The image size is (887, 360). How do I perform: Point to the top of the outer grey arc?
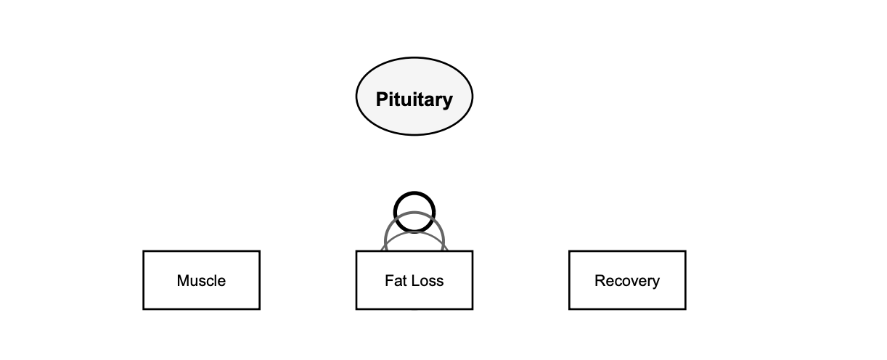pyautogui.click(x=414, y=213)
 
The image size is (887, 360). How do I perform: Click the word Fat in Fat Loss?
pyautogui.click(x=395, y=281)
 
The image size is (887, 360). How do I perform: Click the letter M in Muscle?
pyautogui.click(x=183, y=281)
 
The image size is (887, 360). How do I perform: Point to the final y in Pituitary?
pyautogui.click(x=447, y=102)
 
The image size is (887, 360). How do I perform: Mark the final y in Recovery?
pyautogui.click(x=656, y=283)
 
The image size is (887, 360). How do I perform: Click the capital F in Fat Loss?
pyautogui.click(x=388, y=281)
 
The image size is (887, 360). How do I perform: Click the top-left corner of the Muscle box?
pyautogui.click(x=144, y=252)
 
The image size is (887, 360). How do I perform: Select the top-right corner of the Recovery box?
pyautogui.click(x=685, y=252)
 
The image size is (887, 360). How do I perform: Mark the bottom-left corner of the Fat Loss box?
pyautogui.click(x=356, y=308)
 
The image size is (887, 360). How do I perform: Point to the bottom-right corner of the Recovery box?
pyautogui.click(x=685, y=308)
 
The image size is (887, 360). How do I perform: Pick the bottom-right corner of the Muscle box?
pyautogui.click(x=259, y=308)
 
